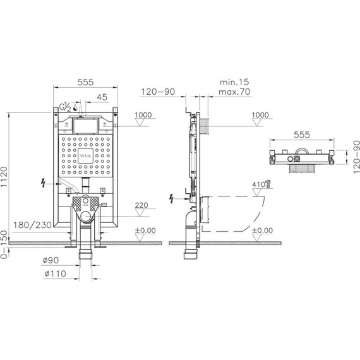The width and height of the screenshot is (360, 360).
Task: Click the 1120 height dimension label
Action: click(x=4, y=177)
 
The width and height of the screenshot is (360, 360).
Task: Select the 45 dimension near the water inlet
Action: click(x=102, y=97)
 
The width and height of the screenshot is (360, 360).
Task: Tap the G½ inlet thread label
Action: click(x=65, y=107)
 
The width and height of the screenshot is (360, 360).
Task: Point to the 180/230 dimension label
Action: click(x=32, y=225)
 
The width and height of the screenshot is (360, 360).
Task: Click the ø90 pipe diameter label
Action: click(x=51, y=260)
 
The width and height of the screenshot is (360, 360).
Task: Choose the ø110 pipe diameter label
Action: click(x=55, y=273)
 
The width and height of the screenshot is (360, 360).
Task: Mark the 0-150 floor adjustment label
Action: click(x=4, y=244)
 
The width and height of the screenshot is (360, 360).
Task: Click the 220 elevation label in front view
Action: click(x=141, y=205)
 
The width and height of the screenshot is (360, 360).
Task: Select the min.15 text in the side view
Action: click(x=234, y=82)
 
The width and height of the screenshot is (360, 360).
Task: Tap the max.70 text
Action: click(x=234, y=92)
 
